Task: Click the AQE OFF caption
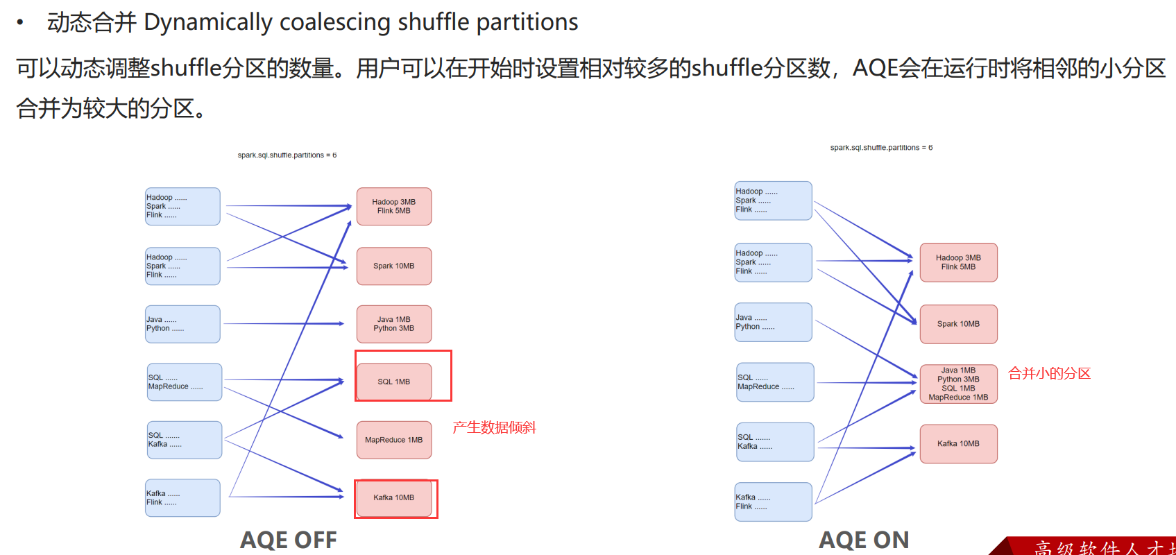tap(289, 540)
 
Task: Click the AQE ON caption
tap(864, 540)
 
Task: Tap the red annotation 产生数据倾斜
tap(494, 427)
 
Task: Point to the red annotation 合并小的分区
tap(1049, 373)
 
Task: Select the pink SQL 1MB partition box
tap(394, 382)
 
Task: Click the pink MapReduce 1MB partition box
tap(394, 440)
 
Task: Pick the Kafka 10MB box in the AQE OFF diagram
tap(394, 497)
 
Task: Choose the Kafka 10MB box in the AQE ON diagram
tap(958, 444)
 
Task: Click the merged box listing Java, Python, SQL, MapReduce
tap(958, 384)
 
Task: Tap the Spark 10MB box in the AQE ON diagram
tap(958, 324)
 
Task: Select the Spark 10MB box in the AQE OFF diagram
tap(394, 266)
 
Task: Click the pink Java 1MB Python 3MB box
tap(394, 324)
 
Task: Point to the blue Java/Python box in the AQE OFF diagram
tap(182, 324)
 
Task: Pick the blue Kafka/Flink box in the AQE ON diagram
tap(773, 502)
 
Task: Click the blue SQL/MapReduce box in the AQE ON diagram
tap(774, 382)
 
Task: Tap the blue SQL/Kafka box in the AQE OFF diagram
tap(184, 440)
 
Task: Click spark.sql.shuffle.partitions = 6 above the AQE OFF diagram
tap(287, 155)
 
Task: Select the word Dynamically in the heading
tap(207, 22)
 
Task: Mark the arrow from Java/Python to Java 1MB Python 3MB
tap(284, 324)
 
